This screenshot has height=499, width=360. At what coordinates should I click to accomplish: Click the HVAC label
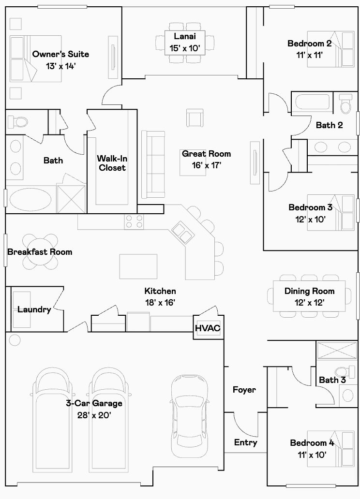(208, 328)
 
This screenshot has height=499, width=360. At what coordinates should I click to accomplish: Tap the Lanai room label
(185, 36)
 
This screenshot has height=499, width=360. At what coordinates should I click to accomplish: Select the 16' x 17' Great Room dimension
(207, 165)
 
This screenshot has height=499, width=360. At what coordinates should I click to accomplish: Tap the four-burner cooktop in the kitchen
(134, 221)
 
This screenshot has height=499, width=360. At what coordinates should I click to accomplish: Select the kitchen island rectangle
(138, 266)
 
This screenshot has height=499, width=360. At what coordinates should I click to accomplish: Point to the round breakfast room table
(41, 251)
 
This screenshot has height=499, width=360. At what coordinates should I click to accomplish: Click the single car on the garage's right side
(190, 415)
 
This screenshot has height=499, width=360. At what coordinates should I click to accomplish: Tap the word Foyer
(244, 390)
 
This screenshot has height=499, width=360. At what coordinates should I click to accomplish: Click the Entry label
(246, 442)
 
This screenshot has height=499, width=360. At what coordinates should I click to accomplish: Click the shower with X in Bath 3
(337, 351)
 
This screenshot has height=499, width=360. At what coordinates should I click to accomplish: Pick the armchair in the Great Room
(195, 118)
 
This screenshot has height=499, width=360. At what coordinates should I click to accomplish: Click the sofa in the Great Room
(153, 164)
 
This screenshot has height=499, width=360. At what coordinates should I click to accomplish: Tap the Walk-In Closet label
(112, 163)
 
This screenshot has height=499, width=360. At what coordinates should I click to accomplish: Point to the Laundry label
(34, 309)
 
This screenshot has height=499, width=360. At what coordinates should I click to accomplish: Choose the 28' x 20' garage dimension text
(94, 415)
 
